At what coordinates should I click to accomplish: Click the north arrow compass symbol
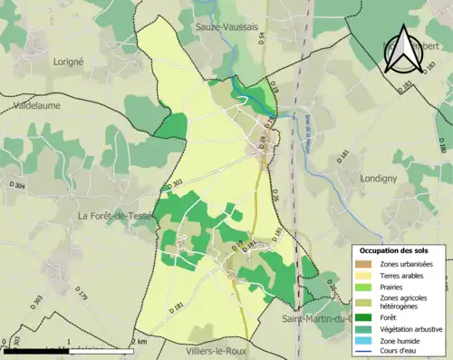[x=403, y=46]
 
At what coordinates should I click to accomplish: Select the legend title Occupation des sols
[x=394, y=250]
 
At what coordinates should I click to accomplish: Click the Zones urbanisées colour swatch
[x=364, y=263]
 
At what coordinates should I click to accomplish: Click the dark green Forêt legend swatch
[x=364, y=317]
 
